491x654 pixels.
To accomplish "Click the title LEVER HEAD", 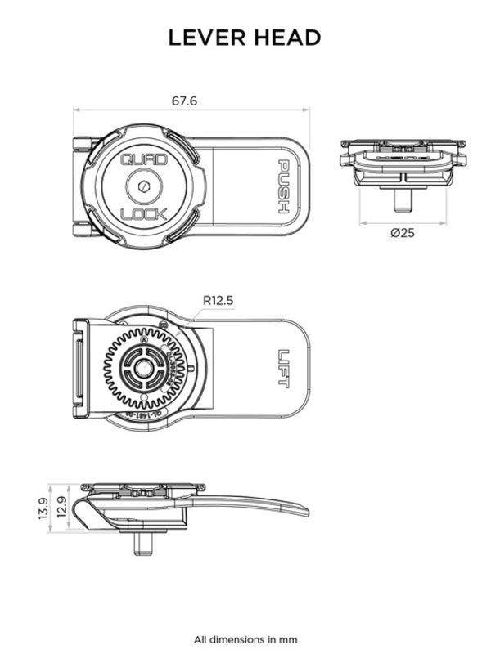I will click(245, 38).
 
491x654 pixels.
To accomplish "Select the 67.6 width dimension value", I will click(184, 101).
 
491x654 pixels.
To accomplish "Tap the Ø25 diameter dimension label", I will click(403, 233).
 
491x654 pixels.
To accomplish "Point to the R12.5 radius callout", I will click(218, 300).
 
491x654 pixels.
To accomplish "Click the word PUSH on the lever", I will click(282, 186).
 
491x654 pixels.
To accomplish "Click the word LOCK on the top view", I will click(144, 214).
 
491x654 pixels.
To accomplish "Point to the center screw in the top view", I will click(144, 187).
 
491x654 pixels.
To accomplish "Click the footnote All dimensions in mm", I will click(245, 639).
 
